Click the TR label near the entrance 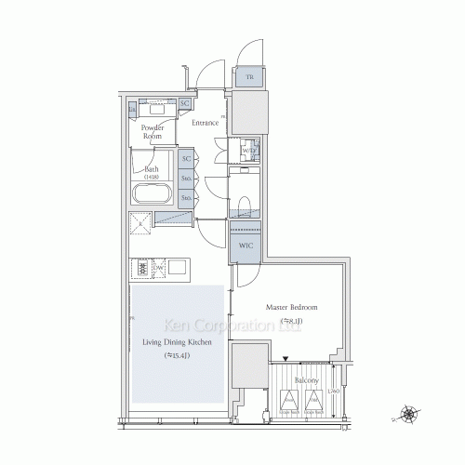point(249,78)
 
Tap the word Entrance point(205,123)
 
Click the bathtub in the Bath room point(152,196)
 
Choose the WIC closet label point(246,246)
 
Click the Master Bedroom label point(293,307)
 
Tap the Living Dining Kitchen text point(177,343)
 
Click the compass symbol point(408,415)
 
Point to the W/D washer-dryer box point(247,150)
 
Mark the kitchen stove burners point(142,268)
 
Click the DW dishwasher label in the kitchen point(160,268)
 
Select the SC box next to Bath point(186,159)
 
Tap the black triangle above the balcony point(286,359)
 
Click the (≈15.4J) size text point(177,355)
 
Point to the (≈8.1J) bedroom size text point(293,322)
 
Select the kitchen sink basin point(176,268)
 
